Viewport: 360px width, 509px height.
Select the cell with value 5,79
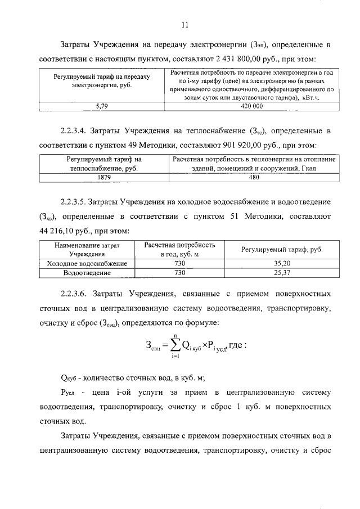click(x=102, y=106)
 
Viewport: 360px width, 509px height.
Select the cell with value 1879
click(x=104, y=177)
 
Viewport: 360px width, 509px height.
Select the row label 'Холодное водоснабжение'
click(x=87, y=263)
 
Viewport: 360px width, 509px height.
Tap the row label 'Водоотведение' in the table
click(x=87, y=273)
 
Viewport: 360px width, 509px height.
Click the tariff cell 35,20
click(x=281, y=263)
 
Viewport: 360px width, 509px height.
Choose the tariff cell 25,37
click(x=281, y=273)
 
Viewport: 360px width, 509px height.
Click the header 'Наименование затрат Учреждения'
click(x=87, y=250)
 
